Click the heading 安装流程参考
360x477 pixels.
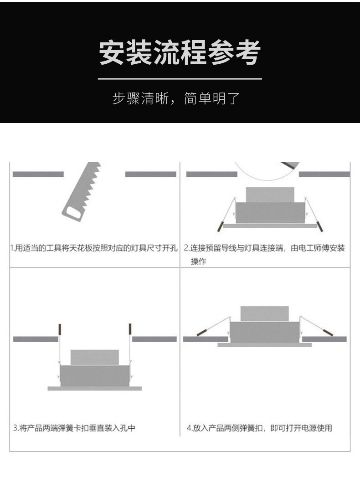[180, 52]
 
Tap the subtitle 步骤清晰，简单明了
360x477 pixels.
[176, 98]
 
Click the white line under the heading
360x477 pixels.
[180, 79]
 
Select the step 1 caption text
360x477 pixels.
[94, 248]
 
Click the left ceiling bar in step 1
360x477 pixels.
[38, 174]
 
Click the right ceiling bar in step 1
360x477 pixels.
[151, 174]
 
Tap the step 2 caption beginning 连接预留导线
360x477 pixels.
[264, 248]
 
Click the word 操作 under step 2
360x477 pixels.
[198, 262]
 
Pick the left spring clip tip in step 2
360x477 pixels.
[220, 226]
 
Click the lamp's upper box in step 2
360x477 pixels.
[270, 195]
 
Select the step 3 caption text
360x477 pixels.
[74, 428]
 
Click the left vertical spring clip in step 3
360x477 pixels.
[60, 344]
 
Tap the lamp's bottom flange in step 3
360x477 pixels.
[95, 389]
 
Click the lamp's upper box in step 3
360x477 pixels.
[95, 357]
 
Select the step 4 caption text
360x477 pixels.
[259, 428]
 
